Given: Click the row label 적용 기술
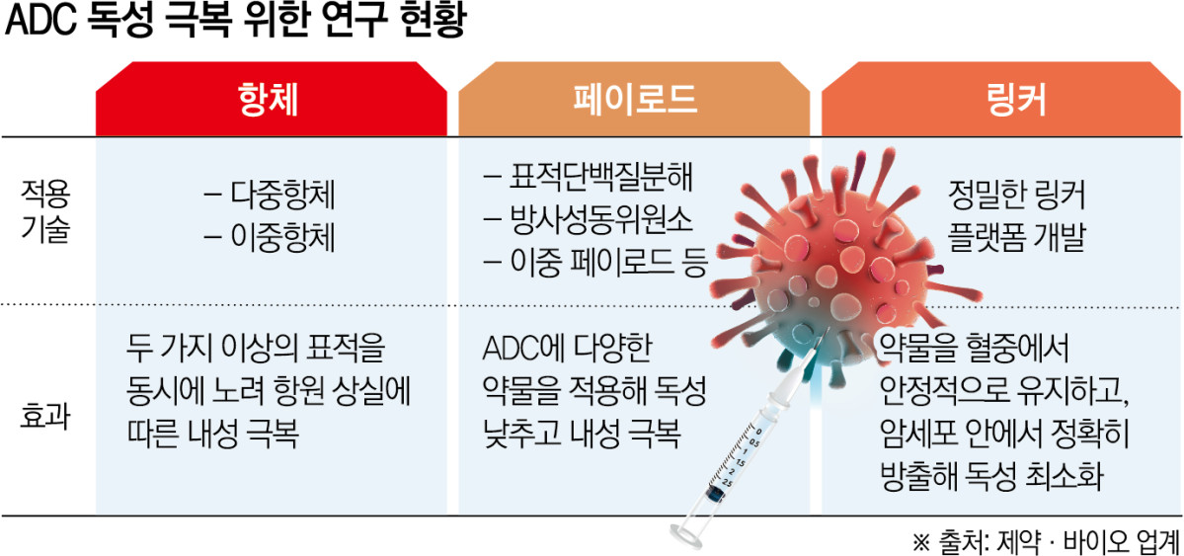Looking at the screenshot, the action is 44,209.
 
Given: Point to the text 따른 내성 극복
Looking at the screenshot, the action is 218,436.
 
